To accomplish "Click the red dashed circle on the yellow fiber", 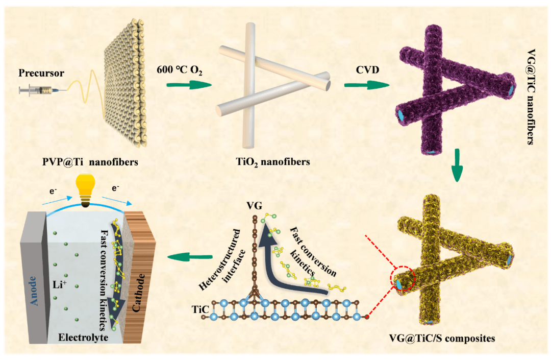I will click(403, 280).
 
